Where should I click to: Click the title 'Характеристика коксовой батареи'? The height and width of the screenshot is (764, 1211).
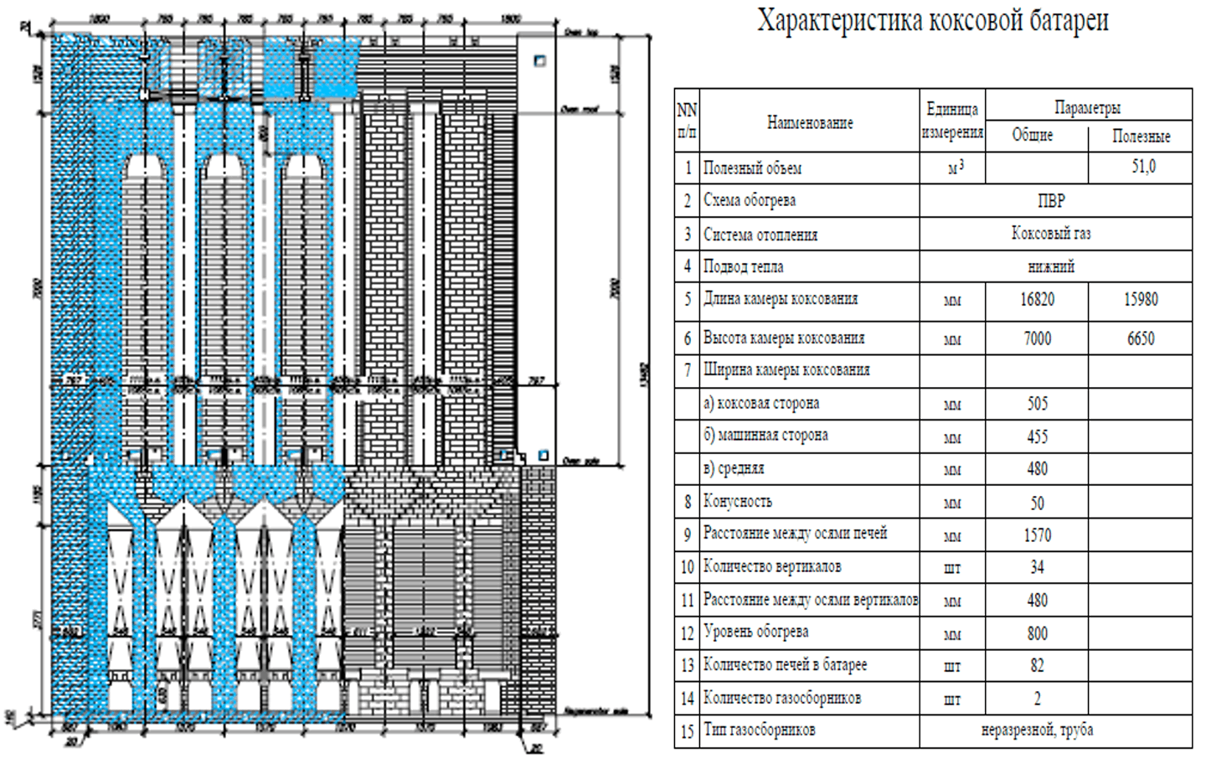[932, 21]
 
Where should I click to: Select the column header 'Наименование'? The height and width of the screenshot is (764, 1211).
[809, 122]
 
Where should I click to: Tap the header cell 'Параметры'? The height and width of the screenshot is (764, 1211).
[1087, 107]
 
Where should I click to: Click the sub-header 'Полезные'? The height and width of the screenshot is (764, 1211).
[1141, 136]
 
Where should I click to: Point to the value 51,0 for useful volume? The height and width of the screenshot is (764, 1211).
[1142, 167]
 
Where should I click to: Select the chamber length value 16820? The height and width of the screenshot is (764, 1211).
[1037, 300]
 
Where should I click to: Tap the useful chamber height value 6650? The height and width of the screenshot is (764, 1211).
[1141, 338]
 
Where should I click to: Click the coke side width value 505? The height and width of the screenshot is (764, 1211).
[1037, 404]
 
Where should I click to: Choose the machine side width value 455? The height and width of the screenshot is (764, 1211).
[1037, 436]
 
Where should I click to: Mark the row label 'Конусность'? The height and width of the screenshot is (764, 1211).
[737, 502]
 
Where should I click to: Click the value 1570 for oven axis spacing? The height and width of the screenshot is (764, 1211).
[1037, 535]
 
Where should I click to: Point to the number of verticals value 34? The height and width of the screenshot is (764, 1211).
[1037, 568]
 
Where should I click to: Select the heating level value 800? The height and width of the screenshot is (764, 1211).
[1037, 633]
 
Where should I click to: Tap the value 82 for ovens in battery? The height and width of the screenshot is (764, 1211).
[1037, 666]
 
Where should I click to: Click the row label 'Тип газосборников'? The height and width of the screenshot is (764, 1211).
[759, 730]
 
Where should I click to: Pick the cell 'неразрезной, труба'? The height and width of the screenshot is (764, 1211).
[1037, 730]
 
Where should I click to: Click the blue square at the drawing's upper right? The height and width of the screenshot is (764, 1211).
[540, 60]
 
